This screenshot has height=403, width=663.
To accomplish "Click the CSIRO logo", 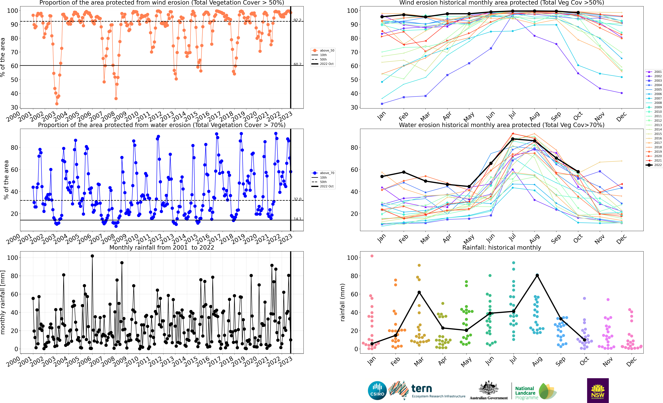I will pos(377,390).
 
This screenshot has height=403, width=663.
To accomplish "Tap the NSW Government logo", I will pos(598,390).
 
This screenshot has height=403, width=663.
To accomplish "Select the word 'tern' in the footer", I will pos(422,389).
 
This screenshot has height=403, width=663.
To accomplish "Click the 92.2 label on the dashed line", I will pos(297,20).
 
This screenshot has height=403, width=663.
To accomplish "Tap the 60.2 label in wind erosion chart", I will pos(297,64).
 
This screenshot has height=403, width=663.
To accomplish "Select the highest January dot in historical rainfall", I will pos(372,256).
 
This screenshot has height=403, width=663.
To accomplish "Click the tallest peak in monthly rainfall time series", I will pos(92,256).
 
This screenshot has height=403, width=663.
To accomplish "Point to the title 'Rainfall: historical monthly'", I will pos(502,247).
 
